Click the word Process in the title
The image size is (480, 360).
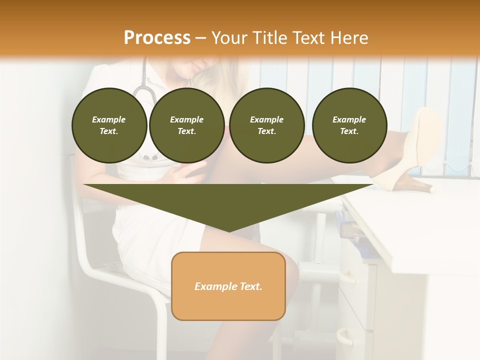point(157,38)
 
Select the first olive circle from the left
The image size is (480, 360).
point(109,125)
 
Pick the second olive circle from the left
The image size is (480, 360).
point(186,125)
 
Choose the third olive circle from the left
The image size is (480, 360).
point(266,125)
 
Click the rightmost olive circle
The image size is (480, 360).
point(349,125)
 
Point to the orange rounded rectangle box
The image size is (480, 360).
point(228,286)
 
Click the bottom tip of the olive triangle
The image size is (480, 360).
point(229,230)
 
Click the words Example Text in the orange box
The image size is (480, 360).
point(228,286)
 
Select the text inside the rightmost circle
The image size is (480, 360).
point(349,125)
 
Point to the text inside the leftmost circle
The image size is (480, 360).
point(109,125)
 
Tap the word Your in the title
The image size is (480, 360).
point(229,38)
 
